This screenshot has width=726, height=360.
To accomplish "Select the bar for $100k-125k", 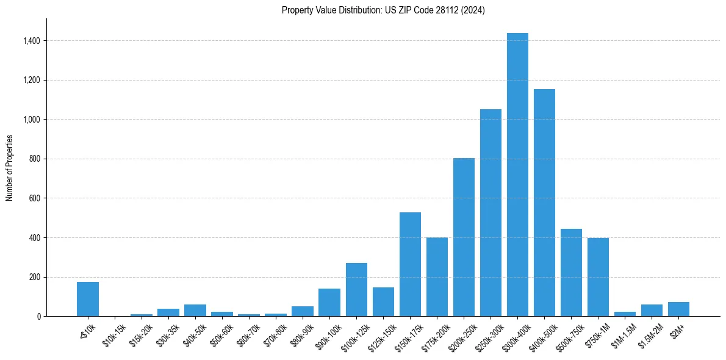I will tap(356, 290).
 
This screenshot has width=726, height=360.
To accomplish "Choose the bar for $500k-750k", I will tap(571, 272).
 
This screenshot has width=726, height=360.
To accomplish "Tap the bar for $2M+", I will tap(678, 309).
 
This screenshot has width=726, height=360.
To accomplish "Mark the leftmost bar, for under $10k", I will tap(88, 299).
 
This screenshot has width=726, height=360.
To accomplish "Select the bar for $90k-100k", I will tap(329, 302).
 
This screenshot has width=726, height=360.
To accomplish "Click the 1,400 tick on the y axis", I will tap(31, 41).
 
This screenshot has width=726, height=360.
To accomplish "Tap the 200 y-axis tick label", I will tap(34, 277).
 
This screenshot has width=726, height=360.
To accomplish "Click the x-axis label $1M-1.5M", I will tap(624, 336).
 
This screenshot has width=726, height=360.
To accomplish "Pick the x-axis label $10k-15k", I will tap(113, 336).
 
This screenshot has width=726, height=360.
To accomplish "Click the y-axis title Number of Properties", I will tap(9, 168).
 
